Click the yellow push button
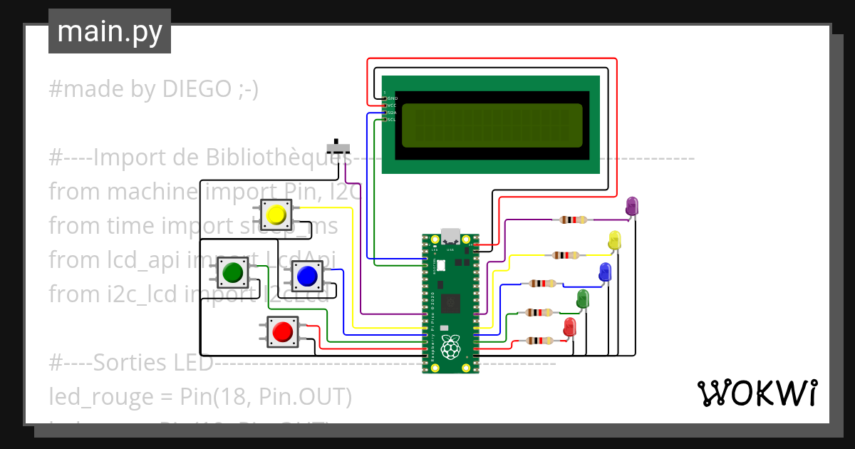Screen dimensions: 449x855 (276, 215)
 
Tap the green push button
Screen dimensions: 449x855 (232, 272)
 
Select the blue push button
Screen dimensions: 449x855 (307, 275)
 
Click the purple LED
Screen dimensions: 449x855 (631, 206)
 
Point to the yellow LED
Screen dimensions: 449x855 (615, 240)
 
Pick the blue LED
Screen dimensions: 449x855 (605, 272)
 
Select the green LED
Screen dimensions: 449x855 (583, 299)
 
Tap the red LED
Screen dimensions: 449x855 (569, 328)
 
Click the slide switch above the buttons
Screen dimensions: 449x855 (338, 148)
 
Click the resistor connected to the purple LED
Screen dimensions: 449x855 (573, 220)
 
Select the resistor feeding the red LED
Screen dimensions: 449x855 (538, 341)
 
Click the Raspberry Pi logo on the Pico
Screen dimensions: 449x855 (450, 349)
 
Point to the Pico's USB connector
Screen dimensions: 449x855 (450, 237)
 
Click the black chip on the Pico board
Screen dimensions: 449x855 (450, 304)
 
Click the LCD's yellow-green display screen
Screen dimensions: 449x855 (492, 125)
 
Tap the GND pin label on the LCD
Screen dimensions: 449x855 (392, 98)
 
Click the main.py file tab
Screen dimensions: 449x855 (109, 31)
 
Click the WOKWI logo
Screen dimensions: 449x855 (756, 393)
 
